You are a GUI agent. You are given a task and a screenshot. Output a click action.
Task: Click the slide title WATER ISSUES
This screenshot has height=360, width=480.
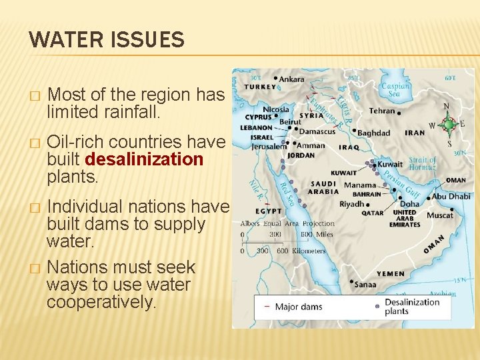pos(107,40)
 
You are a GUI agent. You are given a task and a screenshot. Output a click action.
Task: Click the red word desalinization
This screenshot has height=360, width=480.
pos(144,160)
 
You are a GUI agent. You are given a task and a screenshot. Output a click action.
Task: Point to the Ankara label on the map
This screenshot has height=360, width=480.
pos(291,79)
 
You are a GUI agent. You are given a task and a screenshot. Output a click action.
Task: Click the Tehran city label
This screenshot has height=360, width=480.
pos(382,111)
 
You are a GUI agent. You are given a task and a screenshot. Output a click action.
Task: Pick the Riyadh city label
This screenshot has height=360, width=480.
pos(351,203)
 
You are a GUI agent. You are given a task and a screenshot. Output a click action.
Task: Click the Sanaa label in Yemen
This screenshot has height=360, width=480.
pos(365,285)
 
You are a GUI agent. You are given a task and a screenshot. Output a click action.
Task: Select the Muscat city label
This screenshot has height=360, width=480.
pos(440,215)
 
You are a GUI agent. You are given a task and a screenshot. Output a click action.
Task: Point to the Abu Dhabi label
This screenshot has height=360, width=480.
pos(451,196)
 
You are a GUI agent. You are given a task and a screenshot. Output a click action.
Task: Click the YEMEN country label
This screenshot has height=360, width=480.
pos(390,273)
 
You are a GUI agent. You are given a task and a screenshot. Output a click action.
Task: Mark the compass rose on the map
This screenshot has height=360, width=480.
pos(449,124)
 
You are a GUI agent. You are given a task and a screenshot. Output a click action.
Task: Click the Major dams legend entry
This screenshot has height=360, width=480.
pos(299,307)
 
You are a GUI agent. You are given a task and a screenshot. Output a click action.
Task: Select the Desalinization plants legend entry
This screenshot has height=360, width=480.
pos(411,306)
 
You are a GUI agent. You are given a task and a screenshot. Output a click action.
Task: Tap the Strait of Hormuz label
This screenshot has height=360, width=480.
pos(422,163)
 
